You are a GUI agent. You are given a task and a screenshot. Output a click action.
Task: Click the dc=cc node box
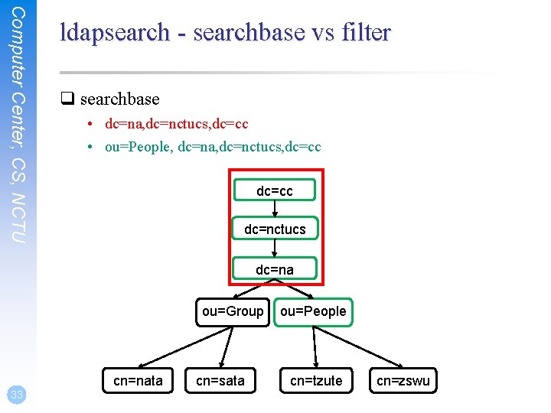click(x=275, y=190)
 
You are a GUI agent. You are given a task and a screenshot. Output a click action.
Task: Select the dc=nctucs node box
click(x=275, y=229)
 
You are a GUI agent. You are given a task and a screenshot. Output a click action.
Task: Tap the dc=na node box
click(x=275, y=269)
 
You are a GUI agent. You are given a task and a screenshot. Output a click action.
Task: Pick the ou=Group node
click(x=233, y=311)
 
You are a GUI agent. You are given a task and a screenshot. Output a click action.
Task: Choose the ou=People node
click(x=313, y=311)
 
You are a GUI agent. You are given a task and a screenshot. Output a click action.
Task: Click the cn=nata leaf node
click(x=138, y=380)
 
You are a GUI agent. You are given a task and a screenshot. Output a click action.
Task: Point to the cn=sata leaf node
click(x=220, y=380)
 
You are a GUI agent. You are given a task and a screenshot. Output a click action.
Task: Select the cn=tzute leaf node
click(x=316, y=380)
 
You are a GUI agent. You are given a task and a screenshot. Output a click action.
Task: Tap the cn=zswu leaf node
click(x=403, y=380)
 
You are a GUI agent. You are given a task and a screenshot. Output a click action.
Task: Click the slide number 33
click(x=15, y=395)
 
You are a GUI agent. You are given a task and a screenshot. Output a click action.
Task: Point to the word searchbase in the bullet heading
click(x=119, y=99)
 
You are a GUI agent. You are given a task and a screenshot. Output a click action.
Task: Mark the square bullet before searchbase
click(x=67, y=99)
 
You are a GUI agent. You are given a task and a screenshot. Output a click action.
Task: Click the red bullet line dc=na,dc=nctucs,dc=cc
click(x=177, y=123)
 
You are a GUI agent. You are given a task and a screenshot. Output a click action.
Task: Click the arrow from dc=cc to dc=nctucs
click(x=275, y=210)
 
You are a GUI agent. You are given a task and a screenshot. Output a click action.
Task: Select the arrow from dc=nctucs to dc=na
click(x=275, y=249)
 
